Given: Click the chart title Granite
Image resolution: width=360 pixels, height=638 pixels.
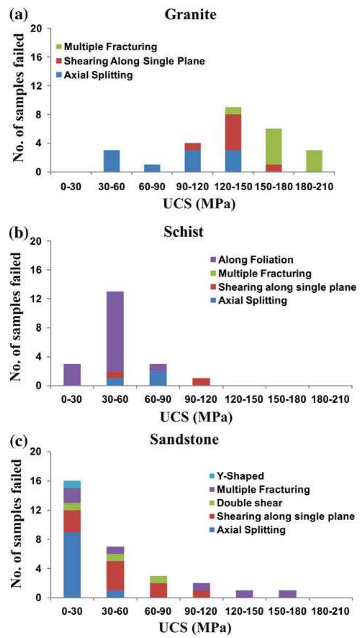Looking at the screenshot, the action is click(x=190, y=14).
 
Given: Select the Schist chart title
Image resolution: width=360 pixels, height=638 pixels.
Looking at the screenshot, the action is click(x=184, y=232).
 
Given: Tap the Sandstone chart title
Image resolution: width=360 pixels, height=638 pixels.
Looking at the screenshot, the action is click(x=184, y=439).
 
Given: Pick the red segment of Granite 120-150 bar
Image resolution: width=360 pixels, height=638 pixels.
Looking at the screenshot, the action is click(x=233, y=132).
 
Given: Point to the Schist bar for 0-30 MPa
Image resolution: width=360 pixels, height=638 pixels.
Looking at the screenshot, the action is click(x=72, y=375).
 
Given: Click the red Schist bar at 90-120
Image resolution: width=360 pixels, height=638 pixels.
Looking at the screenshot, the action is click(x=201, y=382).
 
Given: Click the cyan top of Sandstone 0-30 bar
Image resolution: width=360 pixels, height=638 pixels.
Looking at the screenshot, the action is click(x=72, y=484).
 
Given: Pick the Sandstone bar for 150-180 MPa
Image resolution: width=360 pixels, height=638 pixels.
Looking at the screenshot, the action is click(x=287, y=594).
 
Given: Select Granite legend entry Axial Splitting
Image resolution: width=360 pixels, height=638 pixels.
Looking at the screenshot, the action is click(x=95, y=75).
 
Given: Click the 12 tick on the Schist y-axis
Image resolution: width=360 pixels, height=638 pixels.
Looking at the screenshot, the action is click(x=42, y=299).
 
